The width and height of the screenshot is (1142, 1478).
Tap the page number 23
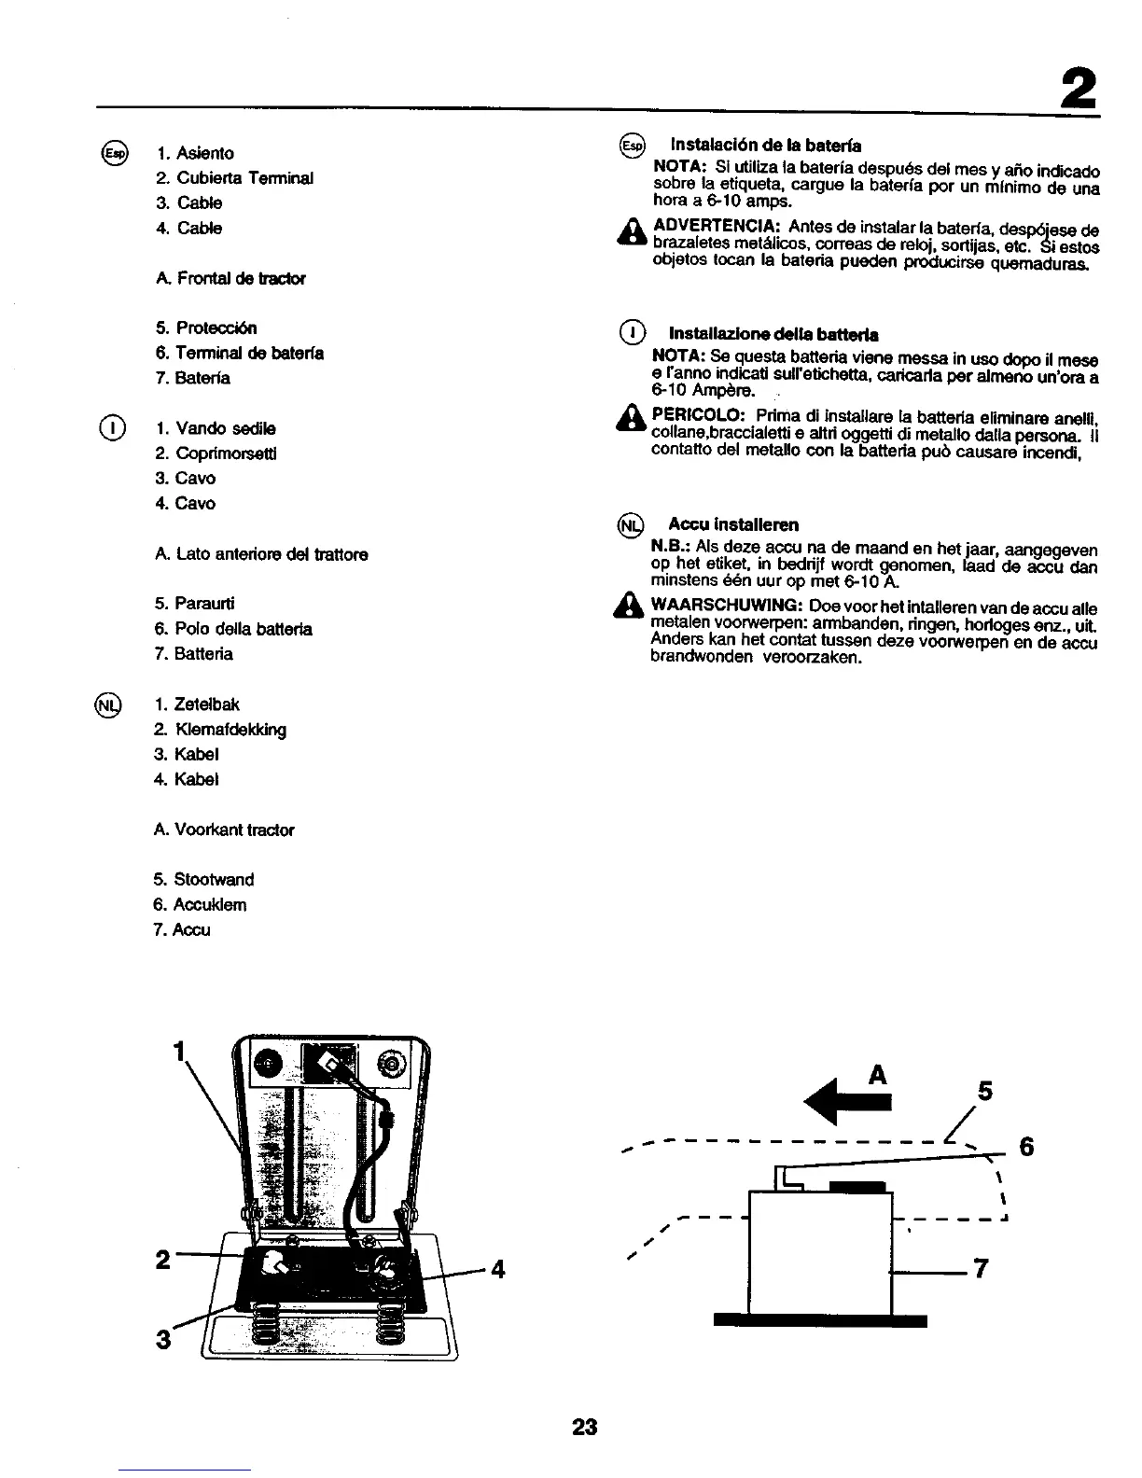(584, 1427)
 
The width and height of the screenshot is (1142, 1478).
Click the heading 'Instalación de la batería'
(765, 146)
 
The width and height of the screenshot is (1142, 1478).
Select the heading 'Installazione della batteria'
(773, 334)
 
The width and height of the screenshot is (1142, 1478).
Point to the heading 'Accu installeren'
(733, 524)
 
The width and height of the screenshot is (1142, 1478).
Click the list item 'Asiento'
(204, 153)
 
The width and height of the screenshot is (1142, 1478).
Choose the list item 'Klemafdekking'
(230, 730)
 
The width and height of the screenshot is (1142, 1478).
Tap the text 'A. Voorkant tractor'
(225, 830)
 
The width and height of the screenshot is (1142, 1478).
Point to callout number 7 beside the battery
(980, 1269)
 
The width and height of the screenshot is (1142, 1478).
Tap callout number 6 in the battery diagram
(1026, 1147)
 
